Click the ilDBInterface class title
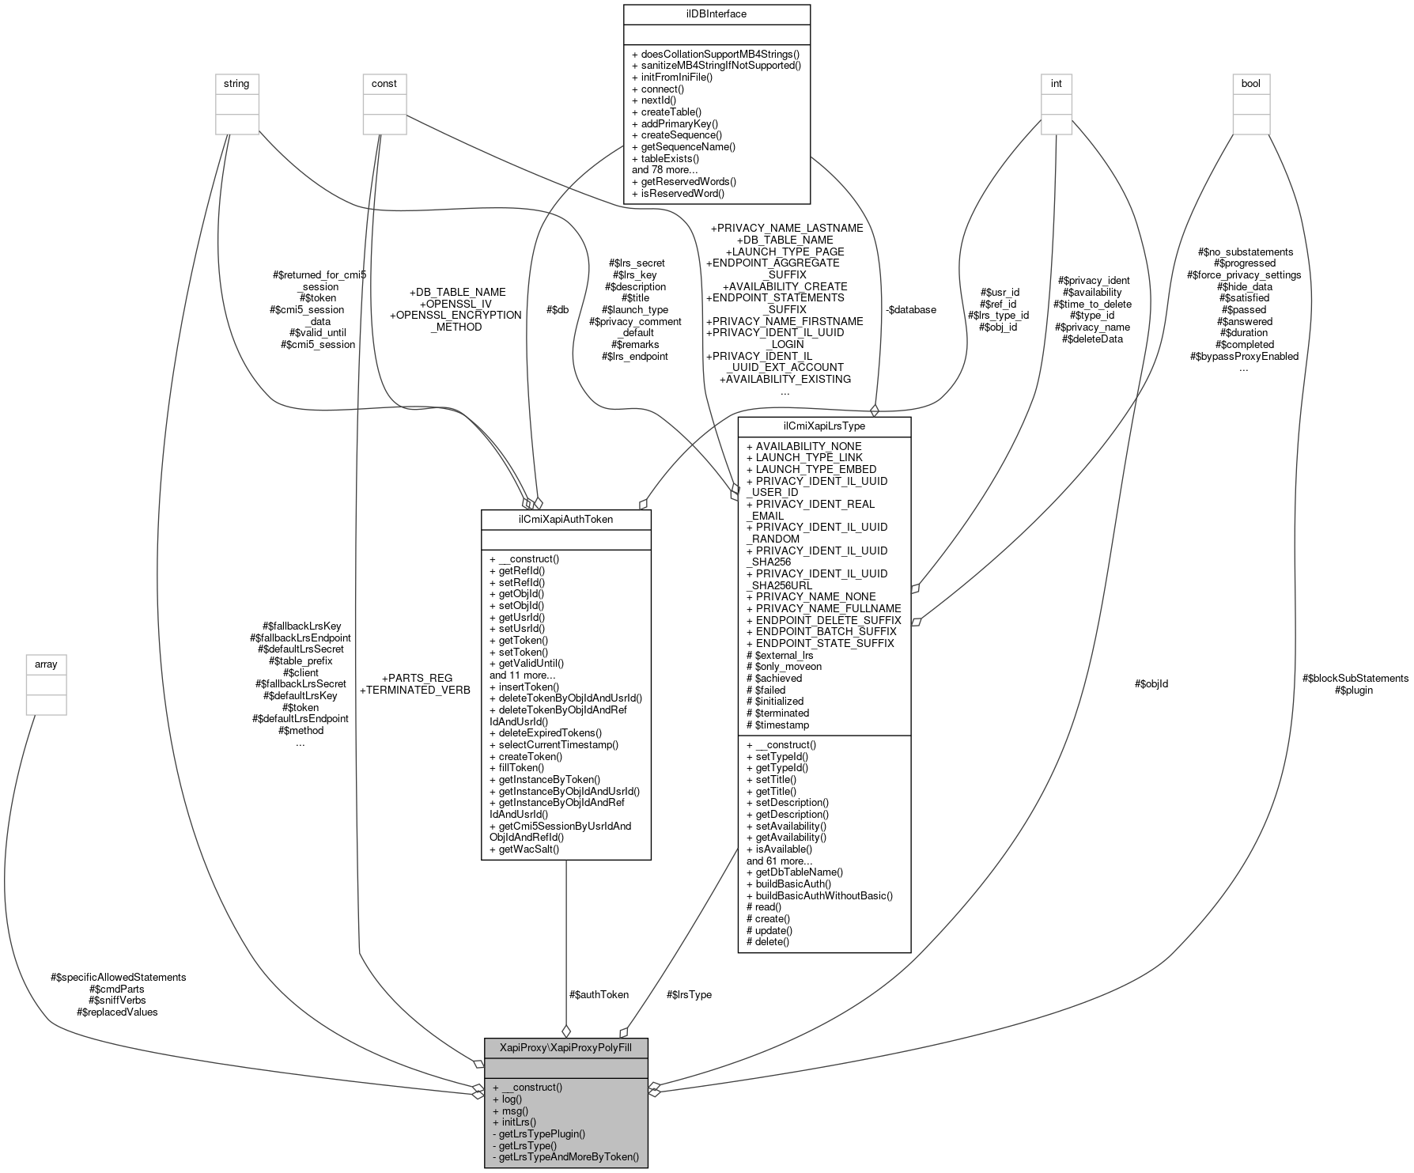[716, 14]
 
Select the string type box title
[236, 84]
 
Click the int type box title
[1056, 84]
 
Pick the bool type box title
[1251, 84]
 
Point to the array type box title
[46, 664]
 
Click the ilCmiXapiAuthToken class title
[565, 520]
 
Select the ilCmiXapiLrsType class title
[824, 427]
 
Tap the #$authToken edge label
[599, 994]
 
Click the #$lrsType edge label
[689, 994]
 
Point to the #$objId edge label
[1151, 683]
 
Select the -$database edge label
[910, 310]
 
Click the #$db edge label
[557, 310]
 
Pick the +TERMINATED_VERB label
[415, 690]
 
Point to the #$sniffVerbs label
[117, 1000]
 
